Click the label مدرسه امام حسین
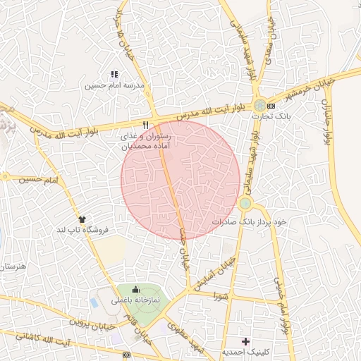tap(114, 86)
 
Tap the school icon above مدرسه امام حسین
tap(114, 74)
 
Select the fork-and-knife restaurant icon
tap(145, 124)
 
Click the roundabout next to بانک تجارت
tap(261, 105)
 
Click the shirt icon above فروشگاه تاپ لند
tap(82, 219)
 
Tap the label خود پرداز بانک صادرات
tap(250, 221)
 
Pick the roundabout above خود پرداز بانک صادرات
tap(245, 204)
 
